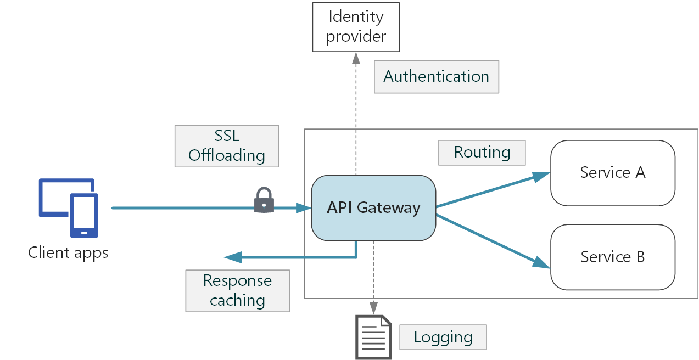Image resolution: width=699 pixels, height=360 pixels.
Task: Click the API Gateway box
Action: point(373,208)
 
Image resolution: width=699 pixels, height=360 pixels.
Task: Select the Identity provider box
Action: point(356,26)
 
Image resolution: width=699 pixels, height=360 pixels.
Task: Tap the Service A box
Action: point(612,173)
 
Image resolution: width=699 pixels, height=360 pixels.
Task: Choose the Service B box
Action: point(612,257)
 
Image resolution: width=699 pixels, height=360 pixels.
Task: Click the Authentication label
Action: point(436,77)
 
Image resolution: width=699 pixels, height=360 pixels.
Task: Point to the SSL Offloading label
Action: point(226,146)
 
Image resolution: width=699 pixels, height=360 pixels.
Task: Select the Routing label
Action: point(482,153)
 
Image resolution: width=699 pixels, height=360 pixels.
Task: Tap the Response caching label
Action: point(237,291)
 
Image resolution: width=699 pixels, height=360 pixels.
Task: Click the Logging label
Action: point(443,337)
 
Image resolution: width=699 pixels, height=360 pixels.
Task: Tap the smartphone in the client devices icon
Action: point(84,215)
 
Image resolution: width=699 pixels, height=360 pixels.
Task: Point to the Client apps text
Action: point(68,253)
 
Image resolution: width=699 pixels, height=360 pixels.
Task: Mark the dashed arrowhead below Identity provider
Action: point(356,58)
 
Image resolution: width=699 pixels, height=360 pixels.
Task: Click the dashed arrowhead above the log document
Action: point(373,309)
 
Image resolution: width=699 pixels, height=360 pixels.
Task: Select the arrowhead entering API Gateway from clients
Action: point(304,208)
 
